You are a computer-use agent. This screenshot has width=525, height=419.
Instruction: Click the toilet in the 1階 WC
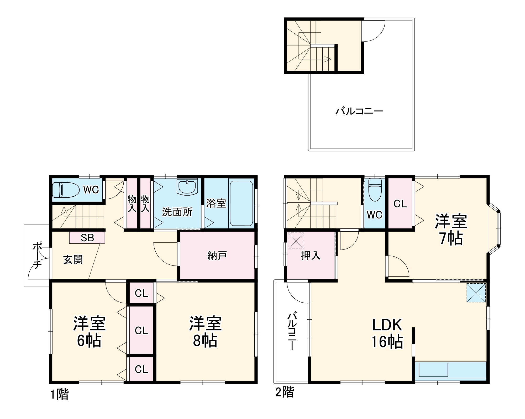66,190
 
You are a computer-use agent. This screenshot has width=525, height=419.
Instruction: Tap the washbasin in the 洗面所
187,187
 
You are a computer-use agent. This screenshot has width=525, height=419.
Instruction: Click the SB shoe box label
87,238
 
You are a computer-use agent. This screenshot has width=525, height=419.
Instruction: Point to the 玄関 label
73,259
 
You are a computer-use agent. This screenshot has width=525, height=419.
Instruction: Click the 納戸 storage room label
217,255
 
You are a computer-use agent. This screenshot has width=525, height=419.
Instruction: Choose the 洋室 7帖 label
451,230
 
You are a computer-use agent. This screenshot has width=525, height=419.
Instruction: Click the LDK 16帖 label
387,333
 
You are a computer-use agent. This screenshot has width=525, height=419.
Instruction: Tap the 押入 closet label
311,255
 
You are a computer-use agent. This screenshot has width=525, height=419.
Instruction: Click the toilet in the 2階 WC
375,190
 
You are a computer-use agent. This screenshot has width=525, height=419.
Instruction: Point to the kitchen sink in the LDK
433,370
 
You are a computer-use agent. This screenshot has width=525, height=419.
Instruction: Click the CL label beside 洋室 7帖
400,204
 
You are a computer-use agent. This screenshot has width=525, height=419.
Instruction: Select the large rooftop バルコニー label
359,111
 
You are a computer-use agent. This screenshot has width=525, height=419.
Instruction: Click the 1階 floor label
59,395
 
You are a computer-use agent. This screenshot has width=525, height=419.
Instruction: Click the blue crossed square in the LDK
476,293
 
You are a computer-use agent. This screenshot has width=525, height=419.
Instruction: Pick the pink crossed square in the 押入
296,241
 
